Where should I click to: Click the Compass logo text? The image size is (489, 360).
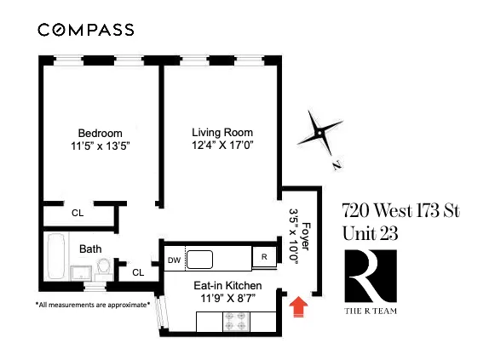[85, 30]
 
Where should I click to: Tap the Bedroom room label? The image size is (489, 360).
[101, 133]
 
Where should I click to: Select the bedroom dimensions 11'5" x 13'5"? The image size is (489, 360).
[101, 146]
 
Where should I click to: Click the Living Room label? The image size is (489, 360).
[222, 133]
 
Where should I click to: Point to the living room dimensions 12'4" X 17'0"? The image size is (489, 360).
[222, 146]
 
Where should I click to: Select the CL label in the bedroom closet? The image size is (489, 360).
[78, 213]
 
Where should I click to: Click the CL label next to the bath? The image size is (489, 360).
[138, 272]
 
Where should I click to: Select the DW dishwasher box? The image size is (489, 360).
[173, 259]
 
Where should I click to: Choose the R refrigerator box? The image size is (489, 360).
[265, 257]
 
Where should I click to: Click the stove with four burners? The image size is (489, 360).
[234, 323]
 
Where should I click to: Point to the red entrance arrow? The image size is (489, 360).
[298, 306]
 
